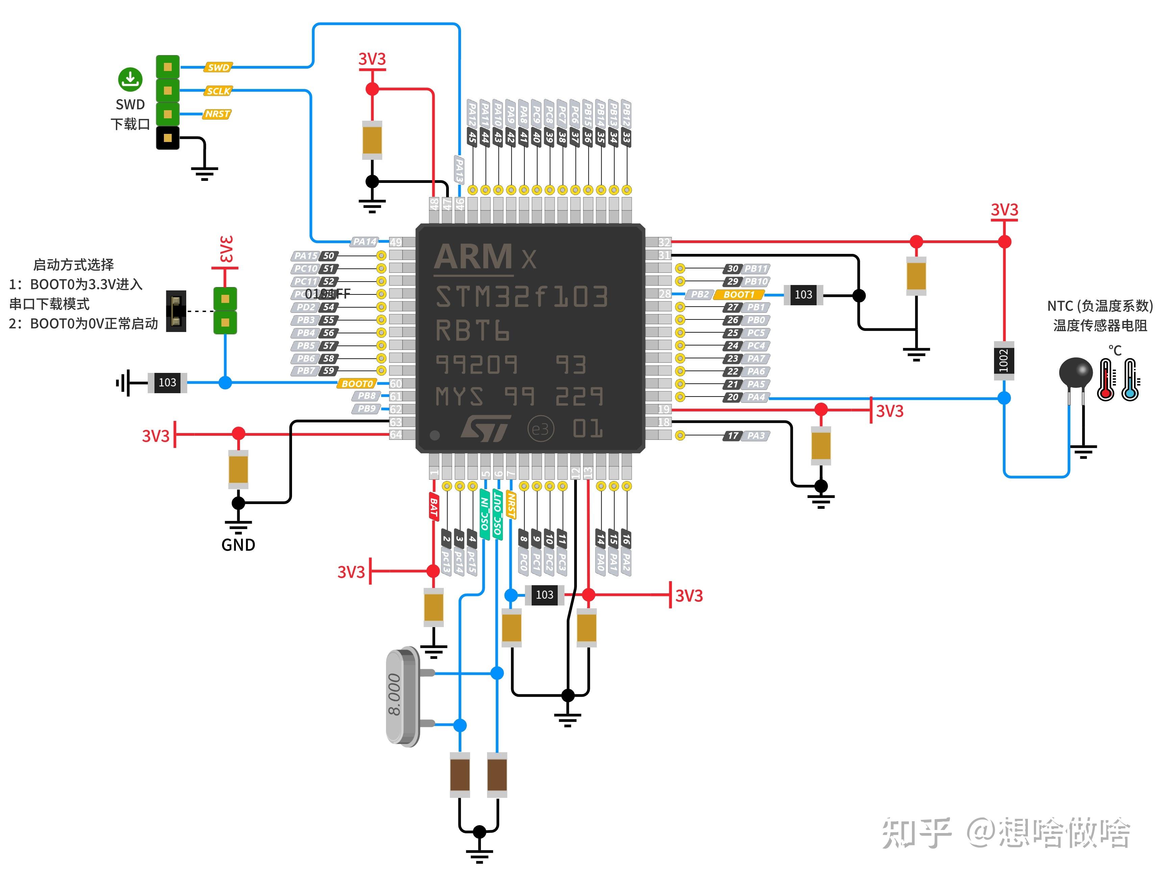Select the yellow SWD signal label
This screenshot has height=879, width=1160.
[x=218, y=67]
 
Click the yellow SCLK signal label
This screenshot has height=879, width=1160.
[x=218, y=91]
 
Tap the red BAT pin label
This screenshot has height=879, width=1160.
[x=434, y=506]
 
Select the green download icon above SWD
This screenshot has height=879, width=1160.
[x=130, y=79]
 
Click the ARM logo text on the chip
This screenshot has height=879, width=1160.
[x=473, y=257]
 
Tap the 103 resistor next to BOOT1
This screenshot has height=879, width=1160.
[x=803, y=295]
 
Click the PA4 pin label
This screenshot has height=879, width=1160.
[x=756, y=397]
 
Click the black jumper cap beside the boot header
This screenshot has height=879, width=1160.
[x=176, y=311]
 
